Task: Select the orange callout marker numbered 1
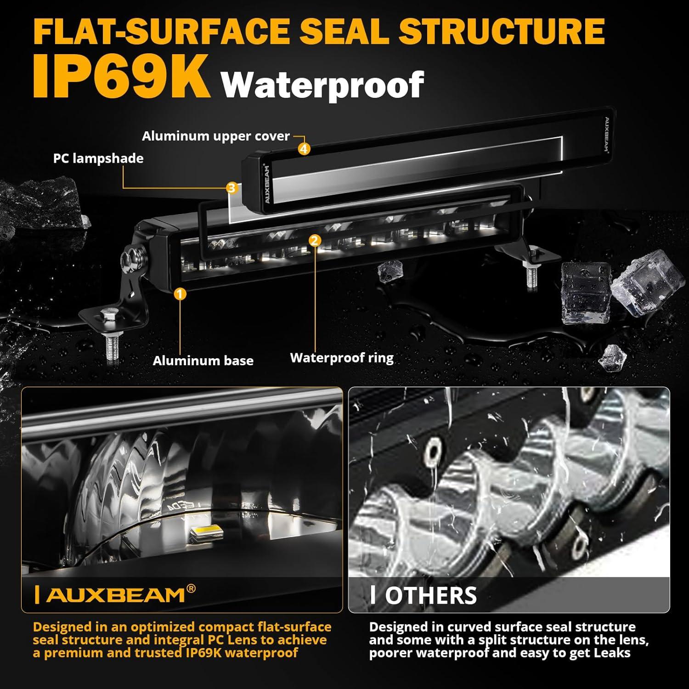pos(180,294)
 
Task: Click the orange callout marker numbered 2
pos(315,240)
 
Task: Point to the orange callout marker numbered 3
pos(232,187)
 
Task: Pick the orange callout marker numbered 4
pos(304,148)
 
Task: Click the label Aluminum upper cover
pos(215,136)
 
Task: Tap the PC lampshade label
pos(98,158)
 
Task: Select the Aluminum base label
pos(203,361)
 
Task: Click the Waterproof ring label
pos(342,358)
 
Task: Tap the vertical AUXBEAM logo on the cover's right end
pos(606,136)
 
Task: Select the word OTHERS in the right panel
pos(430,596)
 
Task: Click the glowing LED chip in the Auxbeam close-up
pos(206,533)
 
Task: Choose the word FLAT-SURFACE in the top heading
pos(161,31)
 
